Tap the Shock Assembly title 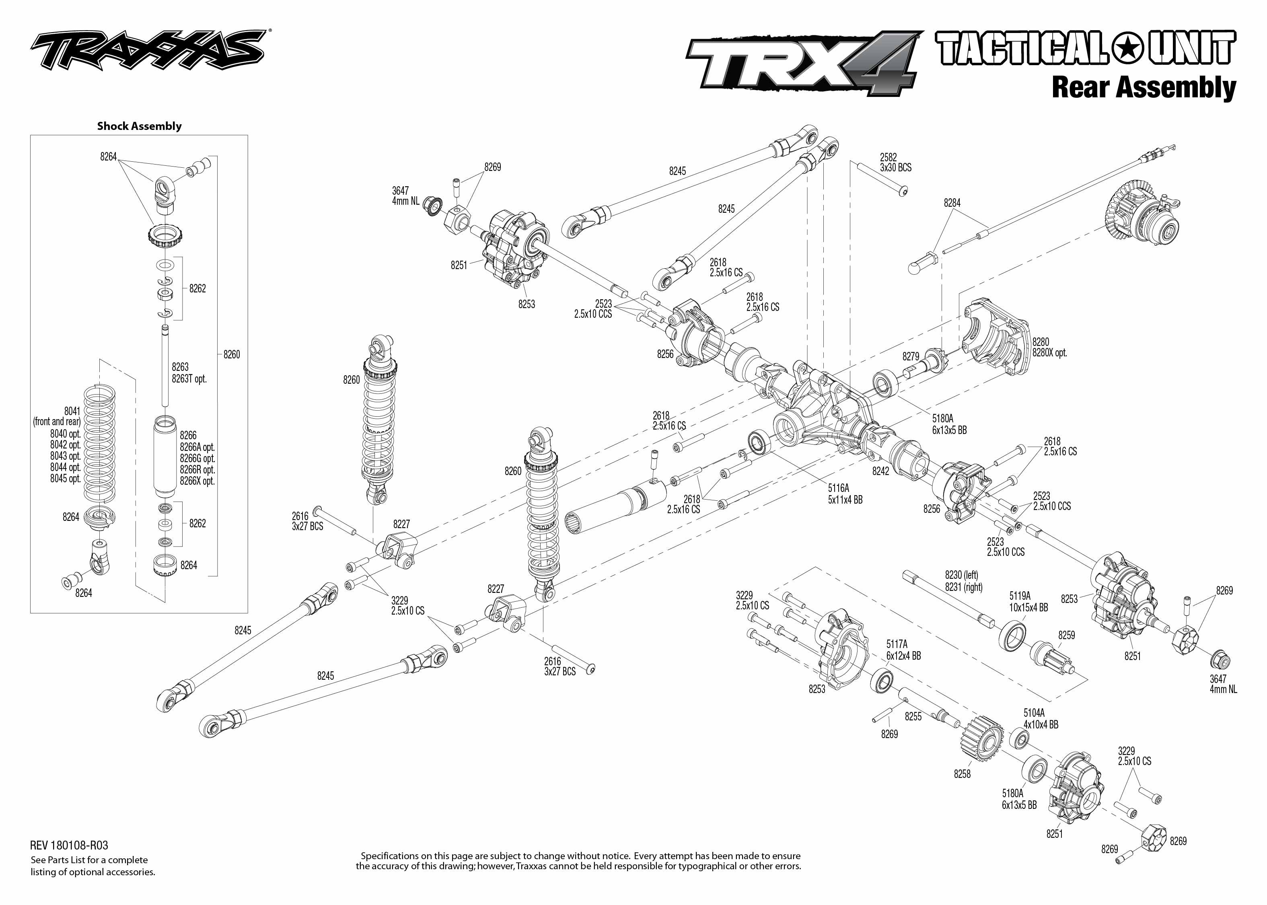[x=139, y=126]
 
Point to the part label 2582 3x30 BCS [x=895, y=162]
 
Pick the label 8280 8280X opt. [x=1049, y=347]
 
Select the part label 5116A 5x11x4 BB [x=845, y=494]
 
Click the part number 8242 [x=881, y=471]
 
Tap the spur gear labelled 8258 [x=982, y=742]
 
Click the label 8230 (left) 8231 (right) [x=963, y=581]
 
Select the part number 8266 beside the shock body [x=188, y=435]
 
